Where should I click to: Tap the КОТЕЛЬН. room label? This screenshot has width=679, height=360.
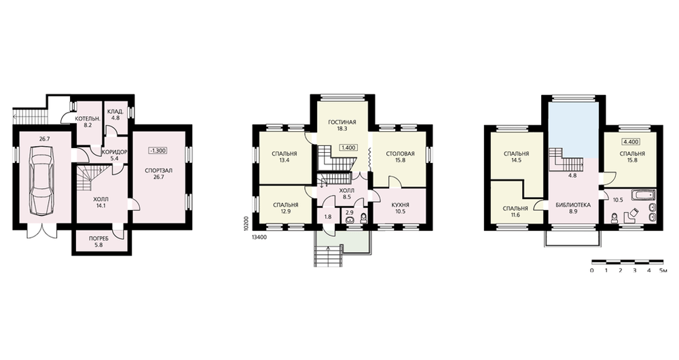point(88,118)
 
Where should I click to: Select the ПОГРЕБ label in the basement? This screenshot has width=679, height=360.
point(98,238)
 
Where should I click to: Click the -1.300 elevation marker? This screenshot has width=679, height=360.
point(158,151)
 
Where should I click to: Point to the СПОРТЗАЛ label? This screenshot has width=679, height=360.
point(158,170)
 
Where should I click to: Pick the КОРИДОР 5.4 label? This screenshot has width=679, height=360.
point(114,155)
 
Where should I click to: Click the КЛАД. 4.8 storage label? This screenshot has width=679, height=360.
point(116,114)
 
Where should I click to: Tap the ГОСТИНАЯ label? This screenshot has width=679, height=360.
point(342,122)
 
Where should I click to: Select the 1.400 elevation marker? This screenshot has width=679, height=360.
point(348,147)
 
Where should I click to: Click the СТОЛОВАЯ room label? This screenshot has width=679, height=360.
point(400,154)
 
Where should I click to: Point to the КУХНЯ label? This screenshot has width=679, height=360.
point(400,205)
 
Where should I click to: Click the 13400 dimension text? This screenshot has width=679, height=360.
point(259,237)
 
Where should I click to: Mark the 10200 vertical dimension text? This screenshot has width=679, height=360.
point(246,223)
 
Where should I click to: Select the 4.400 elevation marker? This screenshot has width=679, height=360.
point(631,141)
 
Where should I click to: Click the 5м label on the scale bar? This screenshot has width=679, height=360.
point(663,270)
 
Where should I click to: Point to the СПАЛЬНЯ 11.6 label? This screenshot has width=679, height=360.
point(515,211)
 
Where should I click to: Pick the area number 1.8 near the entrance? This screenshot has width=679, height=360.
point(328,217)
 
